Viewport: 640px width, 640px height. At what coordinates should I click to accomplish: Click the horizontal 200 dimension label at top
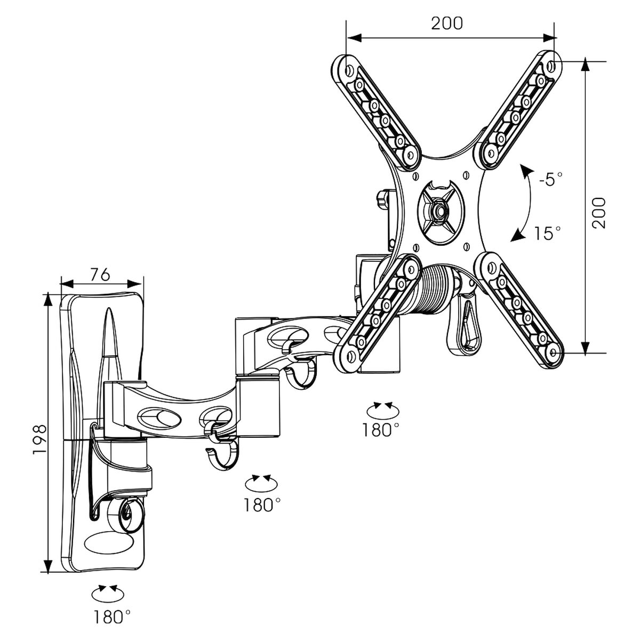447,23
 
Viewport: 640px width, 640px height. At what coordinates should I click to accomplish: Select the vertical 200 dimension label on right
600,213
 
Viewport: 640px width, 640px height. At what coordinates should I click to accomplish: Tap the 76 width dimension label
100,275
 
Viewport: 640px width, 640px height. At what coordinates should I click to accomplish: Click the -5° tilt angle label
550,179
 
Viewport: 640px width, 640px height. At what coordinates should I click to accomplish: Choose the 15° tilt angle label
548,233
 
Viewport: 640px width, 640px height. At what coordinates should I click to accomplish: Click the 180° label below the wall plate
112,618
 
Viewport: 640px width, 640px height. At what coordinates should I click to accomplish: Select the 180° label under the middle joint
262,505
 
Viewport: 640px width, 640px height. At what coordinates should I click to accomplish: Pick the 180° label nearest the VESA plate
381,430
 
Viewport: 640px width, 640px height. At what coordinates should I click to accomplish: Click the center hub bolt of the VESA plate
439,210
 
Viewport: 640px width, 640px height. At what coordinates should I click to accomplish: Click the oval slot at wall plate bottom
109,542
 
